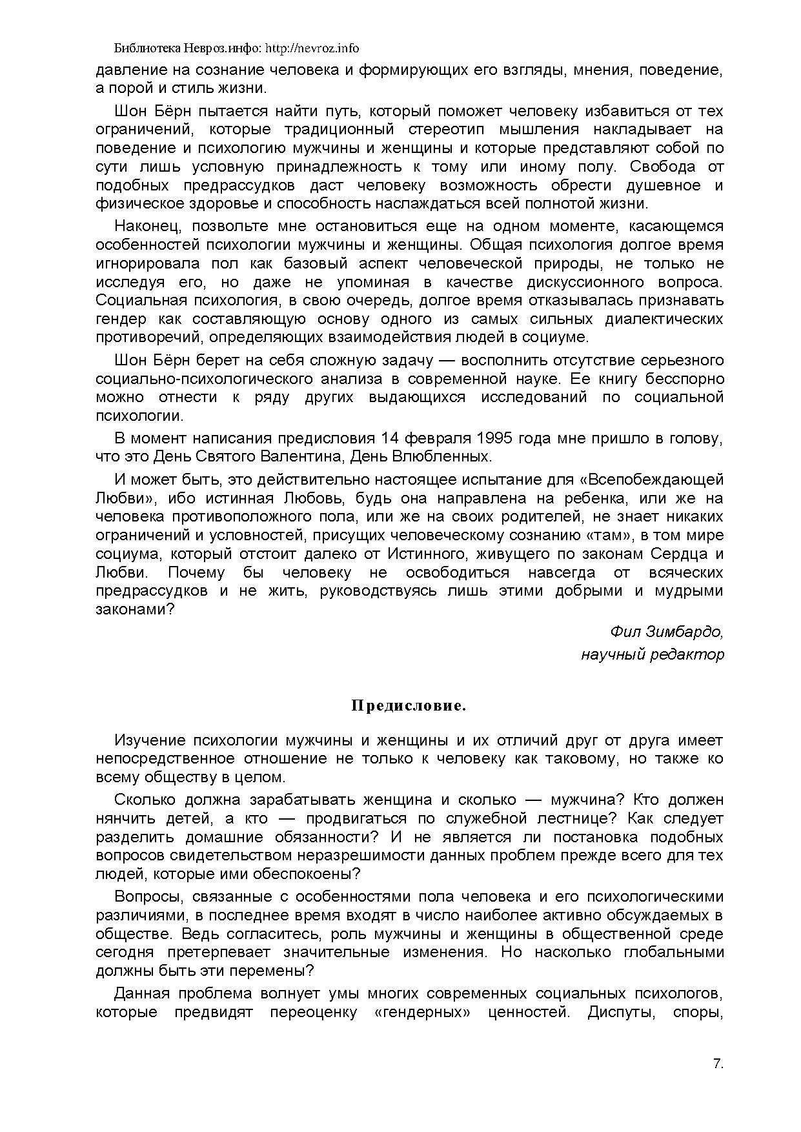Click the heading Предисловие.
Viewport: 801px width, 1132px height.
[409, 706]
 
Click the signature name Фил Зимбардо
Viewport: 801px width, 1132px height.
[666, 631]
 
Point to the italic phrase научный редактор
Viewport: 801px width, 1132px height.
[652, 654]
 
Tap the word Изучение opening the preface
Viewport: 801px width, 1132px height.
[149, 740]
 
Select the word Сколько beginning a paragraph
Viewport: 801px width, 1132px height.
[145, 800]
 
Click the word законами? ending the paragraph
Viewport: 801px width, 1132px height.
[135, 609]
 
